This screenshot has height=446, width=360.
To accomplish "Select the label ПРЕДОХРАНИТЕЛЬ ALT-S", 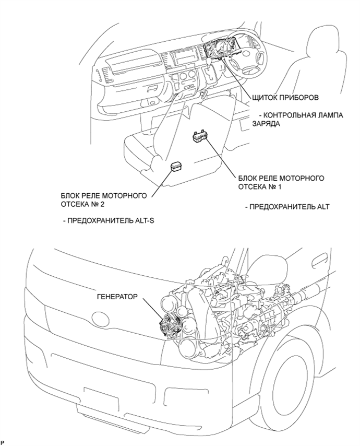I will click(109, 220).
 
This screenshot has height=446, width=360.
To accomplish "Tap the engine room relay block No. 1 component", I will click(200, 136).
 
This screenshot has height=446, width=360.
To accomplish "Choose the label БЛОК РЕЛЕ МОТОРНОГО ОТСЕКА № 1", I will click(281, 182).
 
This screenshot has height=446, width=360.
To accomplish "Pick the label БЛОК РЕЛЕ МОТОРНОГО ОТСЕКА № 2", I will click(103, 199).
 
